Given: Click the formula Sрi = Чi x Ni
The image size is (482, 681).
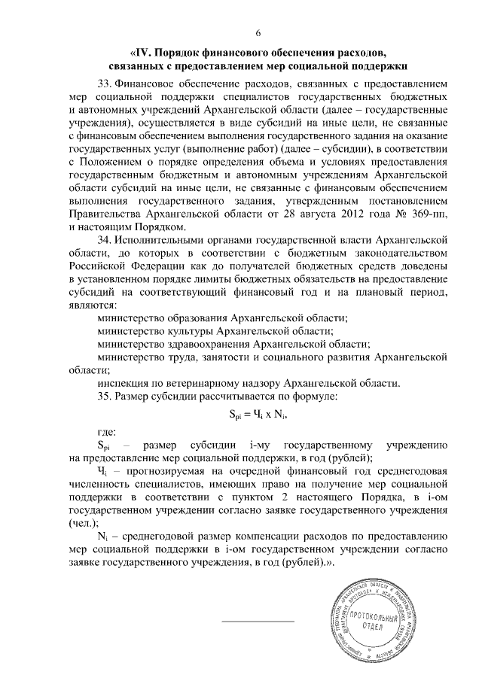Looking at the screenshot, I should (258, 414).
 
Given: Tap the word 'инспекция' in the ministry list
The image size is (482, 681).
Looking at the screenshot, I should (124, 382).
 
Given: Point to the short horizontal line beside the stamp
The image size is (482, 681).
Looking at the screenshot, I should (258, 621).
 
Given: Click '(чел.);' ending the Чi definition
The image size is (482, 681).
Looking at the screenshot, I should (84, 523).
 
